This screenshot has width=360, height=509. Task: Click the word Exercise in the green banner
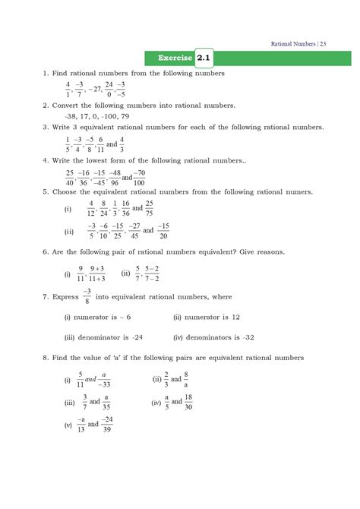click(x=175, y=58)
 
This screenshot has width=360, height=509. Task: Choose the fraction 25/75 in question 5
click(x=149, y=208)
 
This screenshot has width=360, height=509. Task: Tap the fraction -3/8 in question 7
click(x=66, y=296)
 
